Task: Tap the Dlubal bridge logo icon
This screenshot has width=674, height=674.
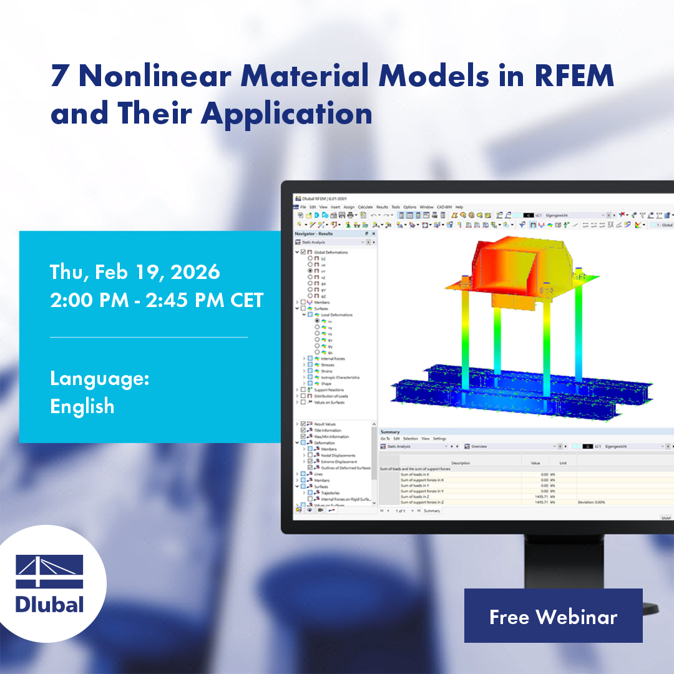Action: (49, 570)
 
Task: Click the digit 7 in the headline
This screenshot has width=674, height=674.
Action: (61, 76)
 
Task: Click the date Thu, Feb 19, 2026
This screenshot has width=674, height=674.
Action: (135, 272)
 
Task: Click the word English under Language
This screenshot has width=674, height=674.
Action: (82, 406)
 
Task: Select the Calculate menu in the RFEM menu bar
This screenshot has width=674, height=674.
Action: (365, 207)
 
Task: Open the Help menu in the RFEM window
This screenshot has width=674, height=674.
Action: (459, 207)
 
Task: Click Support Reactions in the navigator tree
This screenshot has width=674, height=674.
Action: (329, 390)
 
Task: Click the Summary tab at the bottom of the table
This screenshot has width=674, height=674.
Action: (432, 510)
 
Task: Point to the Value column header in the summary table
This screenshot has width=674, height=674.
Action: (535, 463)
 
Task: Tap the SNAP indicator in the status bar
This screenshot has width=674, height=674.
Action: (665, 517)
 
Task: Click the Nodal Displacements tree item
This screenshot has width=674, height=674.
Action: (338, 456)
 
